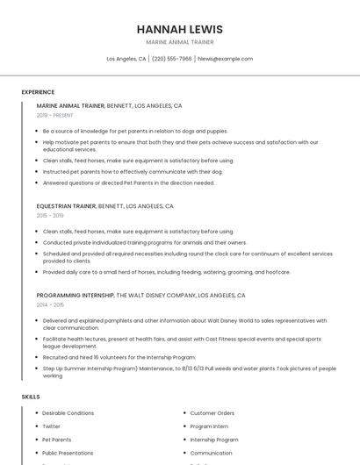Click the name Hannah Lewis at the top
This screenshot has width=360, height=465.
click(x=179, y=29)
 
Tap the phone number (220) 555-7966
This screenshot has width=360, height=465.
click(x=171, y=59)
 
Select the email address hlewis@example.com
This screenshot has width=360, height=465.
click(x=225, y=59)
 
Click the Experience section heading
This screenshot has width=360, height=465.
click(x=38, y=92)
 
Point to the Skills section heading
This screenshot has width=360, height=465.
click(x=31, y=397)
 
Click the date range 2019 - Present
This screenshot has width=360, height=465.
click(x=54, y=115)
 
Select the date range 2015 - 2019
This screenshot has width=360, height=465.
click(x=50, y=215)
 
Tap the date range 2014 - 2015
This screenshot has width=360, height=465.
click(x=50, y=304)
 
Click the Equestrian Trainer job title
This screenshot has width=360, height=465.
click(x=67, y=206)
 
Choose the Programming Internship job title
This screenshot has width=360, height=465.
click(x=76, y=296)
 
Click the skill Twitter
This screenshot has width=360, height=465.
click(x=51, y=426)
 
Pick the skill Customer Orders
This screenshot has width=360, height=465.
click(x=212, y=413)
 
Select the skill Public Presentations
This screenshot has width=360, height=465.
click(x=68, y=453)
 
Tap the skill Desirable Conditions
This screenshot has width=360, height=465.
click(x=68, y=413)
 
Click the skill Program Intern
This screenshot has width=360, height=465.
click(x=209, y=426)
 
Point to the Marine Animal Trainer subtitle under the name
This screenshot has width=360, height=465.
click(x=179, y=42)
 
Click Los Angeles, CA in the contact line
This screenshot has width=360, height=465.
click(x=126, y=59)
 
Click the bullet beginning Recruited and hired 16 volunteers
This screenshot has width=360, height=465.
click(x=119, y=357)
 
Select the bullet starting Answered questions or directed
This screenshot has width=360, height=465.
click(x=128, y=182)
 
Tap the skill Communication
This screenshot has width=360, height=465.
click(x=212, y=453)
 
